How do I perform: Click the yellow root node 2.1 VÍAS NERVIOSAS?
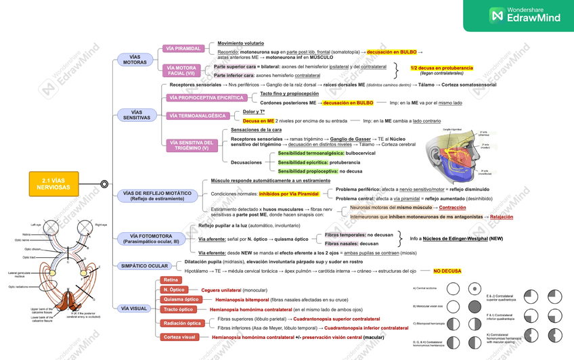pyautogui.click(x=54, y=183)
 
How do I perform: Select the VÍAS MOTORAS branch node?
pyautogui.click(x=135, y=60)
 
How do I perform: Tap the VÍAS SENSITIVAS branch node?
pyautogui.click(x=136, y=114)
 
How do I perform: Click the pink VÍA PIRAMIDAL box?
pyautogui.click(x=183, y=49)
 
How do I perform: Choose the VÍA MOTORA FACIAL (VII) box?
pyautogui.click(x=181, y=70)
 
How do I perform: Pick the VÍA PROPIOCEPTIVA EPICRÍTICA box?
pyautogui.click(x=206, y=98)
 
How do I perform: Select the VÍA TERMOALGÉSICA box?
pyautogui.click(x=198, y=116)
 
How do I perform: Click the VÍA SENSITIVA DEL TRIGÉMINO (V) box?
pyautogui.click(x=192, y=145)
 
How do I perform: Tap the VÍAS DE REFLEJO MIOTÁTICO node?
pyautogui.click(x=157, y=196)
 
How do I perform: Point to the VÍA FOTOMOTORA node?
pyautogui.click(x=148, y=238)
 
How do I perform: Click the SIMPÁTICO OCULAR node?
pyautogui.click(x=144, y=266)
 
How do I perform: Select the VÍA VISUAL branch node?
pyautogui.click(x=133, y=309)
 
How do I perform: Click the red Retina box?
pyautogui.click(x=171, y=280)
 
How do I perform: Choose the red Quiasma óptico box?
pyautogui.click(x=181, y=299)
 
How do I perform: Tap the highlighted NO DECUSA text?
pyautogui.click(x=447, y=271)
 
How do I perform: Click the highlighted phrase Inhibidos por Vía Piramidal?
pyautogui.click(x=288, y=194)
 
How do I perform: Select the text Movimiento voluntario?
pyautogui.click(x=240, y=43)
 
